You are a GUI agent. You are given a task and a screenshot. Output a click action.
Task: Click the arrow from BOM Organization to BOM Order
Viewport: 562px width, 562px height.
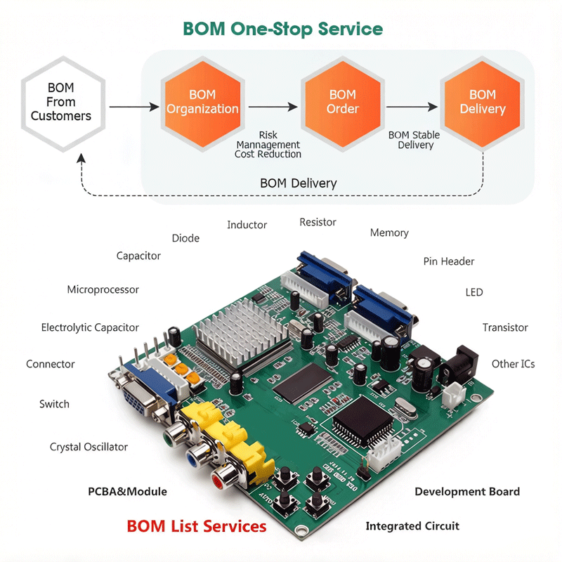pos(273,107)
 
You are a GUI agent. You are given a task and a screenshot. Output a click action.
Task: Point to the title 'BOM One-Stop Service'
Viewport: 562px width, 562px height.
pos(282,30)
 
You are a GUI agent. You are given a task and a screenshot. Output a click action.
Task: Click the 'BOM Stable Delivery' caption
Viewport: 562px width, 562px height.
pos(415,140)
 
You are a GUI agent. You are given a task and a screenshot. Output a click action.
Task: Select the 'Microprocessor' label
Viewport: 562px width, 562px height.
pos(103,289)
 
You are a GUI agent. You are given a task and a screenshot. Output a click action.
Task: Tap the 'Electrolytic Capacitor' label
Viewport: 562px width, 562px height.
pos(90,327)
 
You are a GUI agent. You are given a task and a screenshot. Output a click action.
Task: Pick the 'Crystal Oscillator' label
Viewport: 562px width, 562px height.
pos(89,447)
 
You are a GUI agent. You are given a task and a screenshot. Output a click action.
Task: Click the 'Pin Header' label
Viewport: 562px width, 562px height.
pos(449,261)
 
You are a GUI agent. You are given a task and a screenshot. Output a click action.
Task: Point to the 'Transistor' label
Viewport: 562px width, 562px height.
pos(505,327)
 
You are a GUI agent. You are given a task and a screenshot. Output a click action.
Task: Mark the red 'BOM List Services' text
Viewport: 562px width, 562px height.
pos(196,526)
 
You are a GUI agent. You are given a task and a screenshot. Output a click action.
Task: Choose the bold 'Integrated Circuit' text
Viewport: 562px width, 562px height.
pos(412,526)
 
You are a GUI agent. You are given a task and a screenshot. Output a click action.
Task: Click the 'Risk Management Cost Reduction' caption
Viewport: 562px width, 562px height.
pos(268,145)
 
